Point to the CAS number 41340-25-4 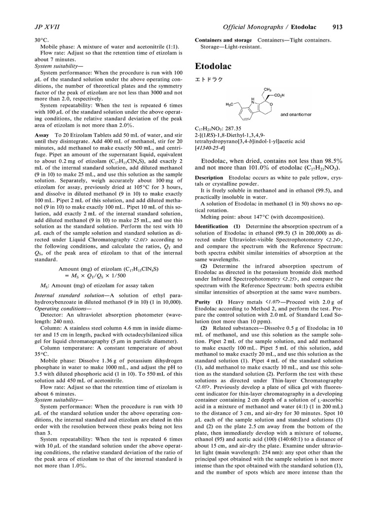tap(211, 147)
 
